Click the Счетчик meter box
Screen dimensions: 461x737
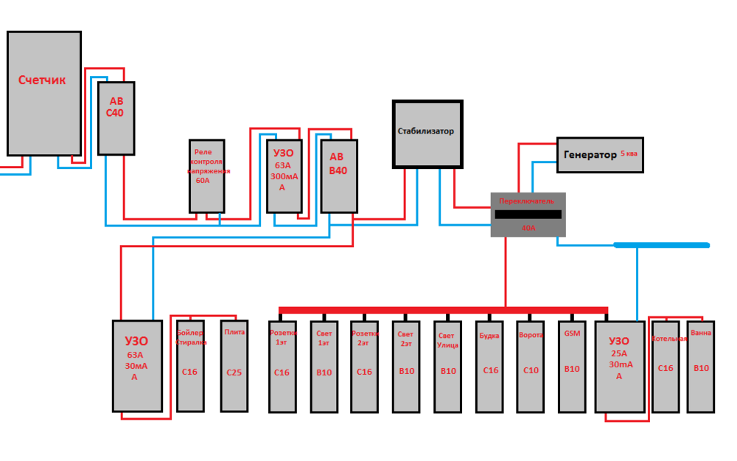click(x=44, y=93)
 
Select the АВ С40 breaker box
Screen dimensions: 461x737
click(x=116, y=118)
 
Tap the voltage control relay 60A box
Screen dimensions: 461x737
click(x=206, y=176)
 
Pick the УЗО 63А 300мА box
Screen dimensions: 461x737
click(x=284, y=176)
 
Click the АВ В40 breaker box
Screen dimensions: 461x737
click(x=338, y=176)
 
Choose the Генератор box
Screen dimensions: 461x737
click(x=599, y=155)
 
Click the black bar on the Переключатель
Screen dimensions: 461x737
click(x=528, y=215)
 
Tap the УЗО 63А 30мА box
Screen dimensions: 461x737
click(x=137, y=365)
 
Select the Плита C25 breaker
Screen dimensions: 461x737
click(x=234, y=365)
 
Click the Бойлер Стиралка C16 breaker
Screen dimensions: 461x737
click(x=190, y=365)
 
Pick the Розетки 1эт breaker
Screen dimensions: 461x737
click(x=282, y=365)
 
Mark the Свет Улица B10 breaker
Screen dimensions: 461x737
click(x=448, y=365)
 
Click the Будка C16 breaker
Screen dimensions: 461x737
click(x=490, y=365)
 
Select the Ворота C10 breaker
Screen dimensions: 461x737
click(x=531, y=365)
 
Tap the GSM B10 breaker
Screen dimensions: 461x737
click(x=572, y=365)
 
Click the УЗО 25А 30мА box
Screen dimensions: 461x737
click(x=620, y=365)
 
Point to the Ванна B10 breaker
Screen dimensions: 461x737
click(x=701, y=365)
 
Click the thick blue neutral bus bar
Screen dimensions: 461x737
click(x=661, y=245)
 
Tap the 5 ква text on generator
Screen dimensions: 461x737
click(x=629, y=153)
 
